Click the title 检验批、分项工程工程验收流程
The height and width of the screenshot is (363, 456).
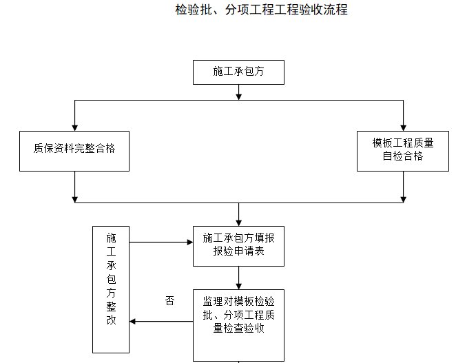click(x=261, y=10)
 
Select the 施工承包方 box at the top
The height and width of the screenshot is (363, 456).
click(x=238, y=72)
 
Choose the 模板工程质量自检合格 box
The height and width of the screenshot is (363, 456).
click(x=403, y=149)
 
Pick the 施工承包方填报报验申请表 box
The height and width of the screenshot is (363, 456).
click(x=238, y=245)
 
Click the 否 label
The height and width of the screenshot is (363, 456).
click(x=170, y=301)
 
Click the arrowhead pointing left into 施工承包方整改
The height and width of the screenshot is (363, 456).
click(x=134, y=321)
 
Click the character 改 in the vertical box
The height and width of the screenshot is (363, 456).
click(x=112, y=320)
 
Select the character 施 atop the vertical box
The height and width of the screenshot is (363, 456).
click(x=112, y=237)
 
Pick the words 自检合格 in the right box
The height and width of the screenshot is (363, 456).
click(x=403, y=156)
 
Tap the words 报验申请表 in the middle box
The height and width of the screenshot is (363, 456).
click(x=238, y=252)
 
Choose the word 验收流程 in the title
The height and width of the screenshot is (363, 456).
click(x=324, y=10)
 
